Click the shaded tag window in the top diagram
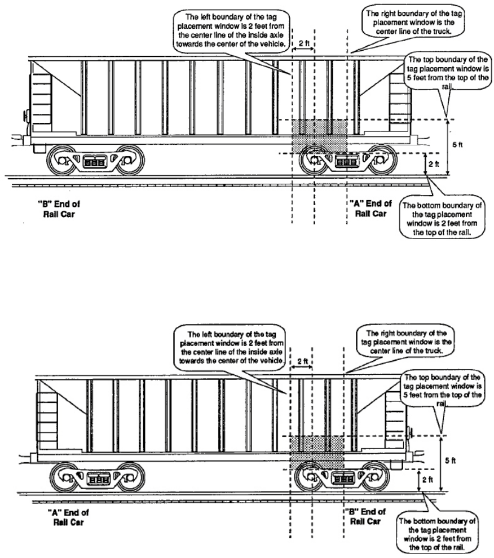[319, 136]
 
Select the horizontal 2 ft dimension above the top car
[303, 43]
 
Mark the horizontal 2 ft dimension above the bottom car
[302, 361]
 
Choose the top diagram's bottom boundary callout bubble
[442, 217]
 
